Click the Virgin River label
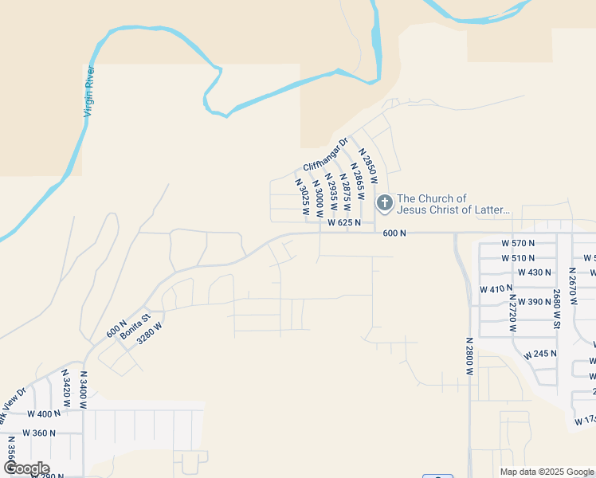coord(90,92)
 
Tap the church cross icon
coord(384,204)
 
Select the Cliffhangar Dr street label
coord(326,155)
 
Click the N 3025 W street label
coord(302,198)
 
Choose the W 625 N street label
coord(345,223)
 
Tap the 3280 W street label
coord(150,332)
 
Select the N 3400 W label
coord(83,390)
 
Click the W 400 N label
coord(44,414)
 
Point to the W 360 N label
coord(40,433)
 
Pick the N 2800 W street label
coord(470,356)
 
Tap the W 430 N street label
coord(535,272)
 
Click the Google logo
coord(25,468)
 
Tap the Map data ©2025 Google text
coord(546,472)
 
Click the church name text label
coord(453,204)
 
